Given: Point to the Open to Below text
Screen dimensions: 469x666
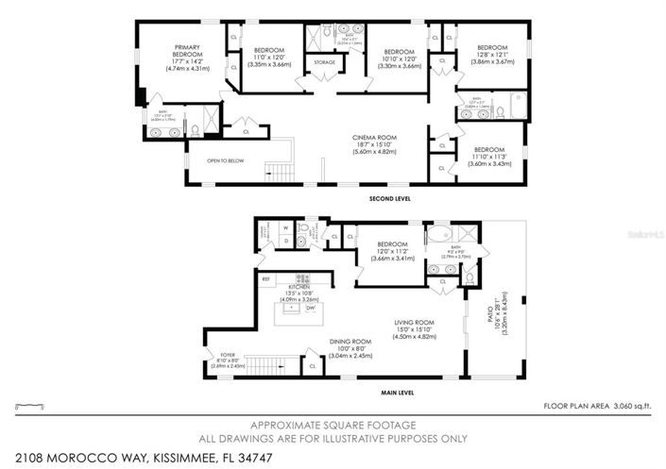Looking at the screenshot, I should pos(226,160).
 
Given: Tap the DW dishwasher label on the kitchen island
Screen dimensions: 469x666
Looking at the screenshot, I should pos(310,308).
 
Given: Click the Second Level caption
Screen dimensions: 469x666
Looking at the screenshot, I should pos(354,198).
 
